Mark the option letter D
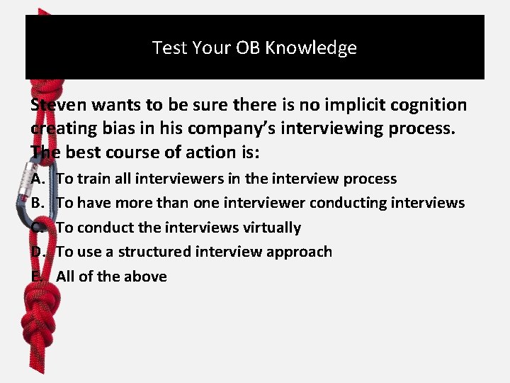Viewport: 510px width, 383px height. (x=38, y=252)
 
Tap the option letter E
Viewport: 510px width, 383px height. (x=37, y=277)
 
